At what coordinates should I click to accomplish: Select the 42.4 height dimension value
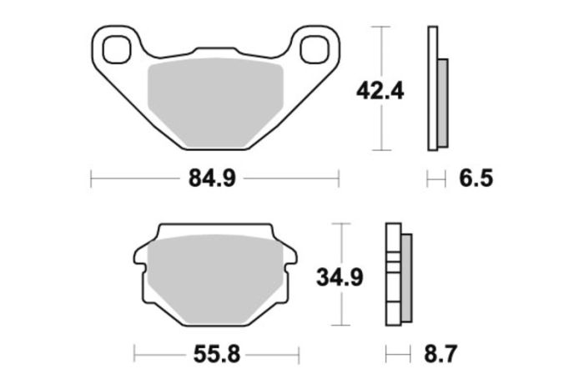(380, 89)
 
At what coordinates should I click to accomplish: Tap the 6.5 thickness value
(476, 178)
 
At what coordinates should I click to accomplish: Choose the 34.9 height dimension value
(339, 275)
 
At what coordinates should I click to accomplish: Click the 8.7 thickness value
(440, 355)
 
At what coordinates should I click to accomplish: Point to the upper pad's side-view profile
(432, 89)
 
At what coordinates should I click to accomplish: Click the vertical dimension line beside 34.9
(339, 309)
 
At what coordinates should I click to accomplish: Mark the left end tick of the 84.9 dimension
(90, 178)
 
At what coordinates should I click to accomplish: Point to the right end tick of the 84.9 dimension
(339, 178)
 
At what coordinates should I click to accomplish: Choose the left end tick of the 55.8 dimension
(134, 355)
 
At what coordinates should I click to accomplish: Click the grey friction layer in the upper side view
(442, 100)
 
